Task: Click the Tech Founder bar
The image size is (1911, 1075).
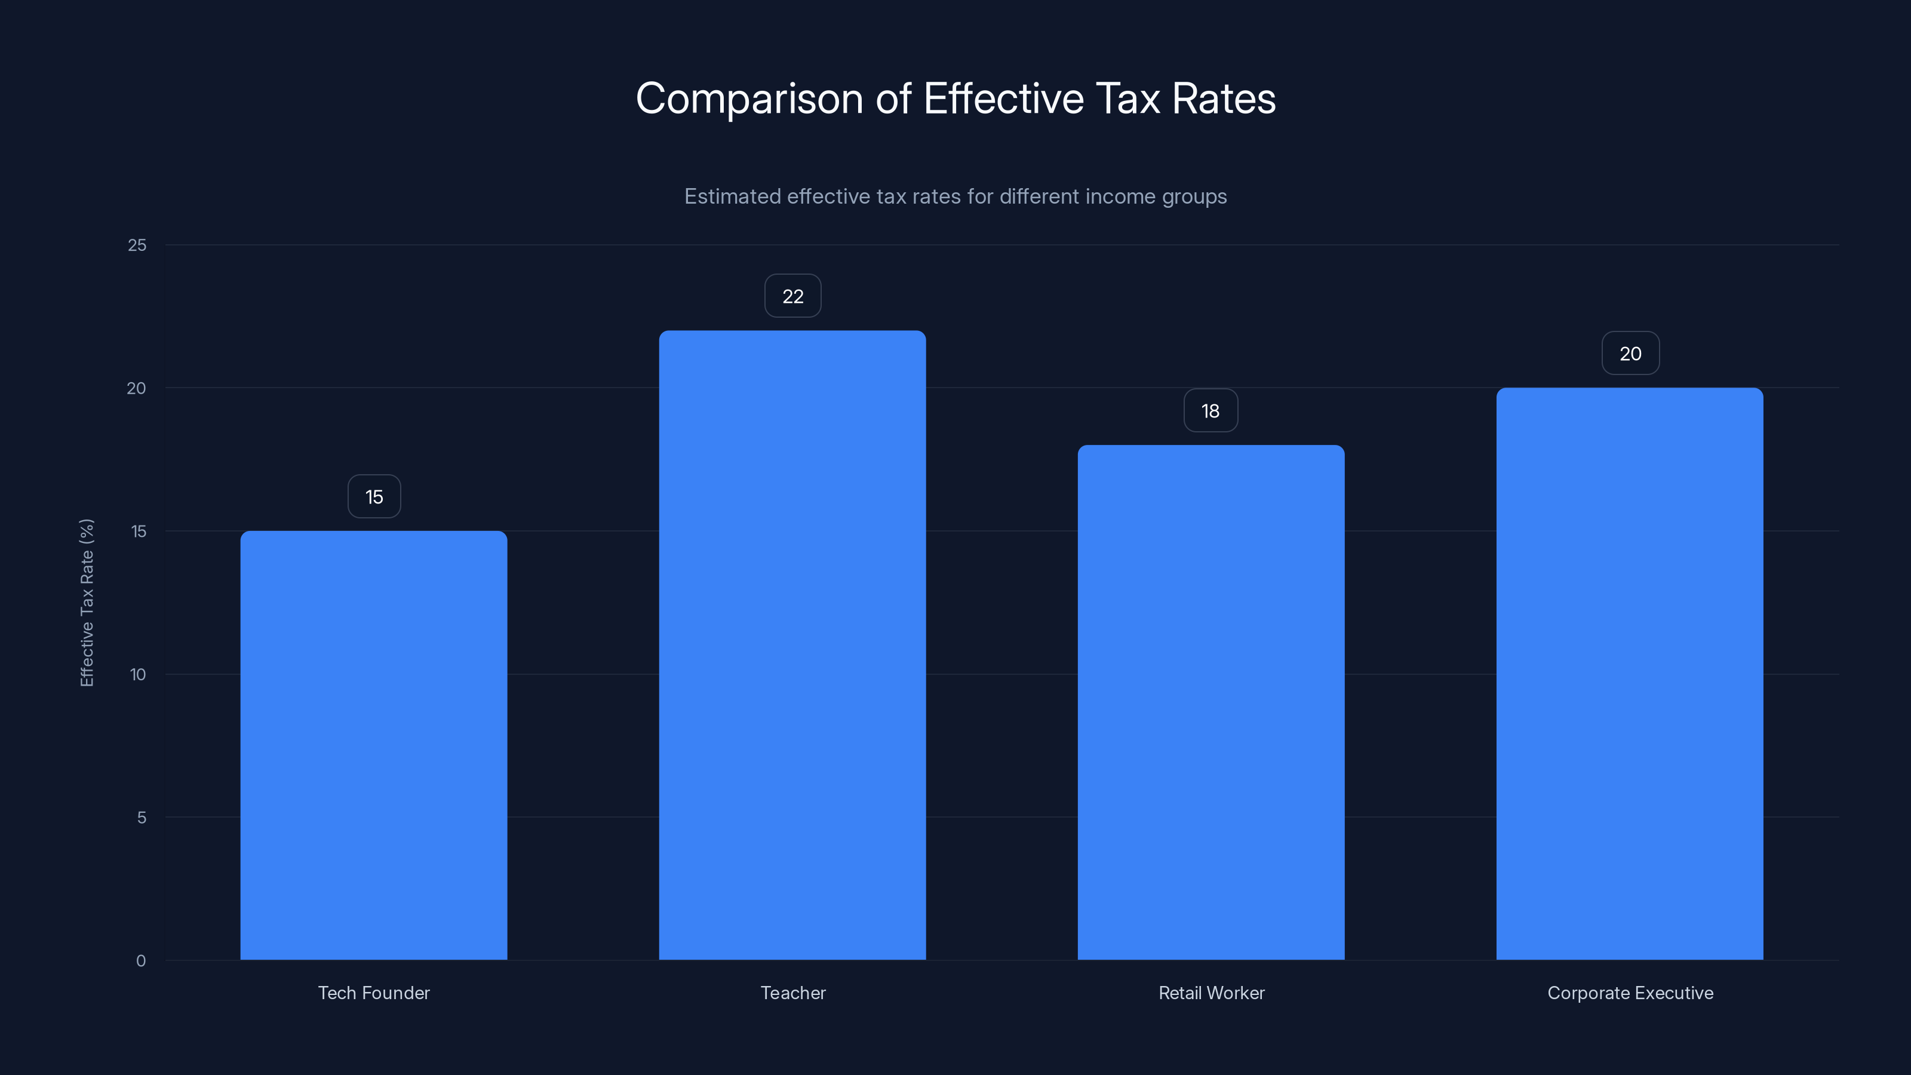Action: click(x=373, y=745)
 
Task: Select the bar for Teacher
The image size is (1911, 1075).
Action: click(x=792, y=645)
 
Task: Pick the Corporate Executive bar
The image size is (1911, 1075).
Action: click(x=1629, y=674)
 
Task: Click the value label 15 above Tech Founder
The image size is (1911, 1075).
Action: click(x=374, y=496)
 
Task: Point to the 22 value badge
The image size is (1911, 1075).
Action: click(x=792, y=296)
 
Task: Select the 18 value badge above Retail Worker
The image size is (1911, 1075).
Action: click(x=1210, y=411)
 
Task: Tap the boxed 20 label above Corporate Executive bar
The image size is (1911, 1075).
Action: click(x=1630, y=353)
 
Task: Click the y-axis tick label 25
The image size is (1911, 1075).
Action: click(x=137, y=245)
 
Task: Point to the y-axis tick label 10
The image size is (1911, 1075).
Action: click(x=138, y=674)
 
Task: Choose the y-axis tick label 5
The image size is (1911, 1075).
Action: click(x=142, y=818)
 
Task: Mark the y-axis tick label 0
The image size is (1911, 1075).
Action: click(x=141, y=961)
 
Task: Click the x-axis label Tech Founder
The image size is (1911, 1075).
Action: click(x=374, y=993)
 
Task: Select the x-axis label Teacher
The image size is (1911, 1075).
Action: click(x=792, y=993)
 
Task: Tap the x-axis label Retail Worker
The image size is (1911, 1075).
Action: click(x=1210, y=993)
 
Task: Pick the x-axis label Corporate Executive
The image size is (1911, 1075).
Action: click(x=1630, y=993)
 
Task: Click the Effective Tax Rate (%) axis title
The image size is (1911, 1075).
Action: click(x=87, y=603)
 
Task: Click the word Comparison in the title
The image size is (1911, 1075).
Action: click(x=749, y=99)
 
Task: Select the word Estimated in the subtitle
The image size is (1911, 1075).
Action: click(x=732, y=196)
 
